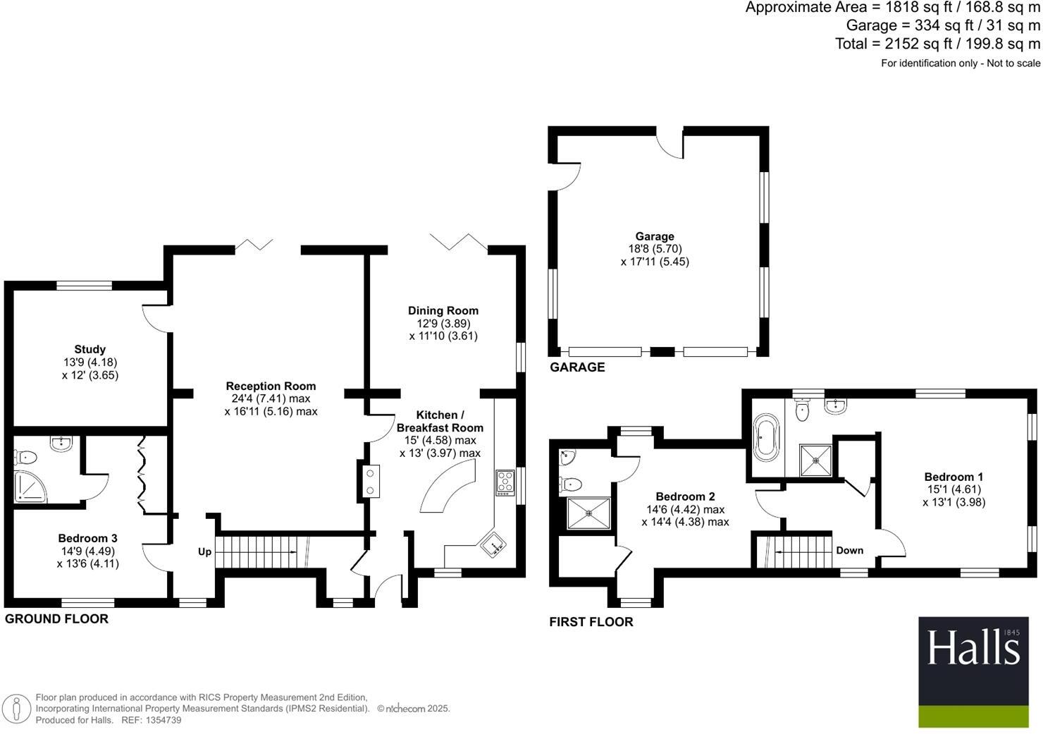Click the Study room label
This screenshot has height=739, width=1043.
90,349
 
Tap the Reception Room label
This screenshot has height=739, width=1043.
271,386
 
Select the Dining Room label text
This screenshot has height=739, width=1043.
443,310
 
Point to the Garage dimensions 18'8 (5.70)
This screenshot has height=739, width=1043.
655,249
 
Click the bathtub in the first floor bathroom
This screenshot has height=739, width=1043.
765,439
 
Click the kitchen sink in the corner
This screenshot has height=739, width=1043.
492,544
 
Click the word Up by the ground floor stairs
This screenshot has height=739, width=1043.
204,551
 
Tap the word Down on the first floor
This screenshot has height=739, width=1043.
849,550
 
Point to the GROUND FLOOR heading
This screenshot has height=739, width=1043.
56,619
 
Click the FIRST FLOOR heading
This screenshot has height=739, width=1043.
591,622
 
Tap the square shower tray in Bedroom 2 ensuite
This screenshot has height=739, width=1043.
589,513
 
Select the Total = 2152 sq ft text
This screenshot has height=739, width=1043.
937,44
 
